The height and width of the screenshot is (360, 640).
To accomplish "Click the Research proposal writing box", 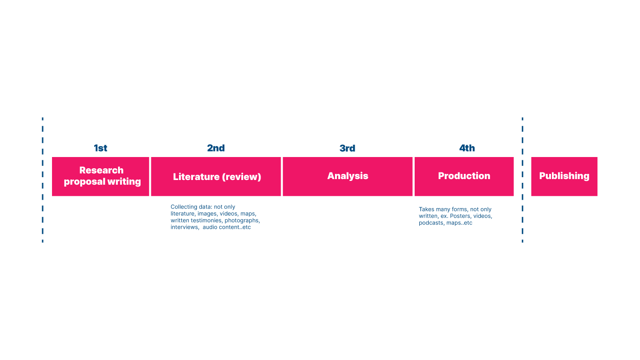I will (101, 176).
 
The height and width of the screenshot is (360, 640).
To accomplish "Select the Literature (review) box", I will (216, 176).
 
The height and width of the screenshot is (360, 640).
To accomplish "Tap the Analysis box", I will (348, 176).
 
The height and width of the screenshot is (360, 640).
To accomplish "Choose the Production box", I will (464, 176).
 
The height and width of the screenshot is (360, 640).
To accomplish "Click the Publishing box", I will (564, 176).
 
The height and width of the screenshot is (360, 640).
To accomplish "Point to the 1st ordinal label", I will (100, 148).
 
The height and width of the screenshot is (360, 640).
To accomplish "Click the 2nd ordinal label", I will (216, 148).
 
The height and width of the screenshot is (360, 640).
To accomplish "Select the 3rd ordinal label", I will (347, 148).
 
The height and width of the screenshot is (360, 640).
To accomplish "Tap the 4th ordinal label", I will (467, 148).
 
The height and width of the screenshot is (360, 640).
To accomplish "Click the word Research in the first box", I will (101, 170).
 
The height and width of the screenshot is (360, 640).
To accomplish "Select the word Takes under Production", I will (427, 210).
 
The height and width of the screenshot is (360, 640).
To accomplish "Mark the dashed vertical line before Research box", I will (43, 180).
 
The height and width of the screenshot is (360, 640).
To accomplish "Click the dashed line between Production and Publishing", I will (522, 180).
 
